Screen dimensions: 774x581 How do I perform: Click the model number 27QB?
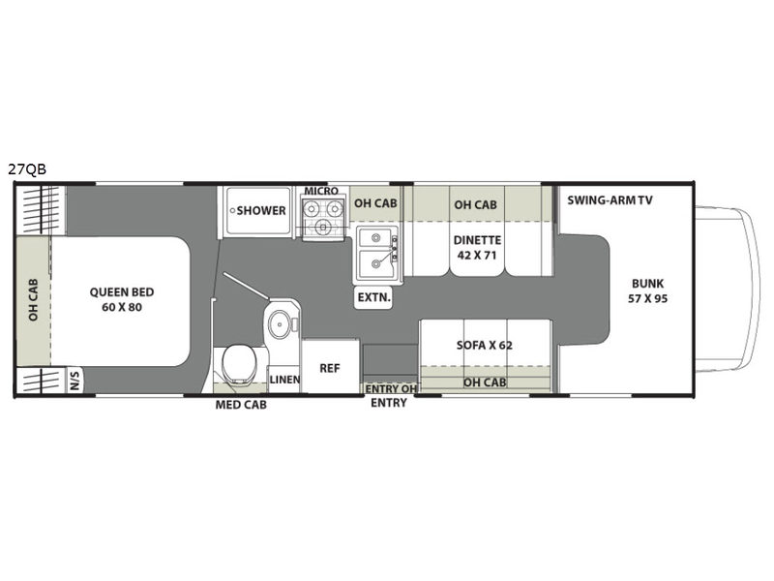pos(27,169)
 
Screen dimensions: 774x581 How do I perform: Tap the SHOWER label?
pos(261,210)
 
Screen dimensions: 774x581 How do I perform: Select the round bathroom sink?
pos(280,323)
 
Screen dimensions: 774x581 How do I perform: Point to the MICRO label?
pos(321,191)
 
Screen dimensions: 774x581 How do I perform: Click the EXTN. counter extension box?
pos(373,297)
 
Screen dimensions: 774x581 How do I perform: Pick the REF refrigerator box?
pos(330,367)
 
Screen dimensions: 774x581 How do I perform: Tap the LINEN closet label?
pos(284,380)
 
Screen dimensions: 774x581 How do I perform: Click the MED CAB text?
pos(241,405)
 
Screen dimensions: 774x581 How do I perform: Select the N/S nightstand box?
pos(74,380)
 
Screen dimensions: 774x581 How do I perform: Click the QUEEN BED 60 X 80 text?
pos(122,299)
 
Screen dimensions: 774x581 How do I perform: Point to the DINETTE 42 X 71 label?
pos(477,248)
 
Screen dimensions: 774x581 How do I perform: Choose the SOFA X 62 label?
pos(485,345)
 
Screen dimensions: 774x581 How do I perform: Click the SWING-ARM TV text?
pos(610,200)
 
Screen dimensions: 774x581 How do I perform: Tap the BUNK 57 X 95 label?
pos(647,290)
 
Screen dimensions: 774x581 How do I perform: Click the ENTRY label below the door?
pos(389,403)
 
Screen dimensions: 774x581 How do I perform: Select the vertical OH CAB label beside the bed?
pos(33,299)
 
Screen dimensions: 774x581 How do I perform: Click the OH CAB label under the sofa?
pos(485,382)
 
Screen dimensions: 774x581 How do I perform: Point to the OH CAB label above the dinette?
pos(475,204)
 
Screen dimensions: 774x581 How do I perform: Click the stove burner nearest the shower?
pos(311,209)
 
